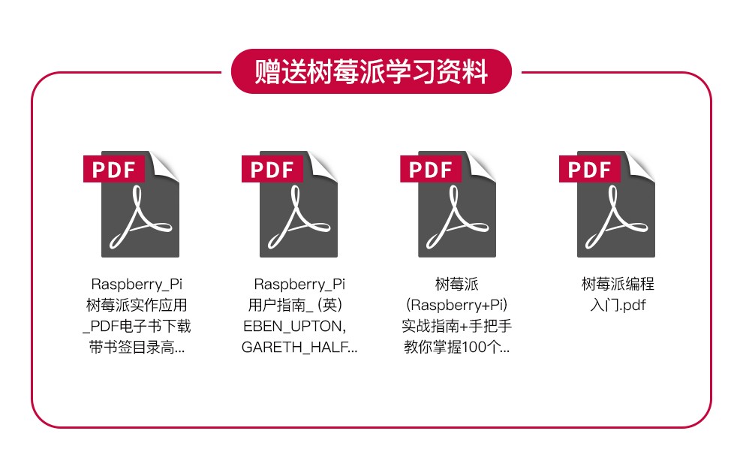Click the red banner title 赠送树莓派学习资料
point(371,71)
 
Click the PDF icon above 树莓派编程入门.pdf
point(607,204)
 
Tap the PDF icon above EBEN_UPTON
point(290,204)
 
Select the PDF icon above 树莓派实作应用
point(131,204)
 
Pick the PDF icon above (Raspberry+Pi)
point(448,204)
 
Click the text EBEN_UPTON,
point(295,326)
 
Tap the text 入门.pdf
point(618,305)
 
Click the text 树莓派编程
point(618,284)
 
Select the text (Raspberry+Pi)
point(457,305)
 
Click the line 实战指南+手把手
point(457,326)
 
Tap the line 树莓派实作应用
point(137,305)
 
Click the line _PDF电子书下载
point(137,326)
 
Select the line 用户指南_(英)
point(295,305)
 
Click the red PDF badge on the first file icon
point(114,169)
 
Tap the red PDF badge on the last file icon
point(589,169)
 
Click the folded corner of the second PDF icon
point(322,166)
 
